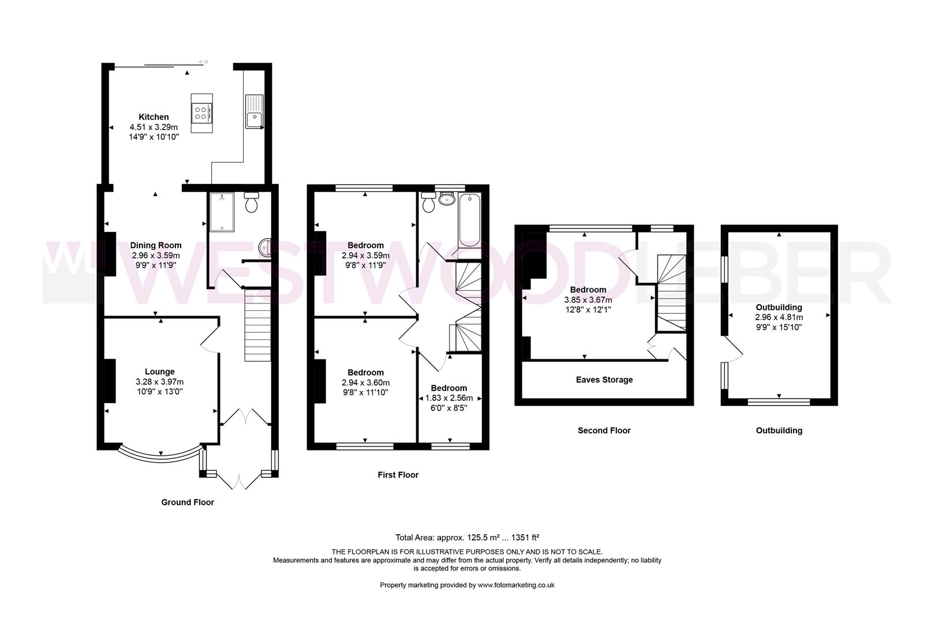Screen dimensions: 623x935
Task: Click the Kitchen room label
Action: click(154, 117)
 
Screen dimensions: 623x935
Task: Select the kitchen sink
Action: click(254, 119)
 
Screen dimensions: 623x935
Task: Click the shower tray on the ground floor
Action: click(221, 212)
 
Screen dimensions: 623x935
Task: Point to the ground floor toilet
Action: click(252, 203)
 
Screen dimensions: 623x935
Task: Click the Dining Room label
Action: click(155, 245)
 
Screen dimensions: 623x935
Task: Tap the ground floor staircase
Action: click(257, 326)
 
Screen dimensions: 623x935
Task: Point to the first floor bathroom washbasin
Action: click(447, 200)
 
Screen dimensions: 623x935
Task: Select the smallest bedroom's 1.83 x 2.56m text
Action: click(449, 398)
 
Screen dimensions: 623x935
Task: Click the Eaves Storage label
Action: click(604, 380)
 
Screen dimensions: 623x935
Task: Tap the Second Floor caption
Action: click(604, 430)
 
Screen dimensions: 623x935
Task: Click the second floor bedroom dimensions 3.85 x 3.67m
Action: click(588, 300)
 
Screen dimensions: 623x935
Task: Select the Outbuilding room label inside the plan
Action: click(779, 307)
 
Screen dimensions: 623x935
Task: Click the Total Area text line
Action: click(467, 537)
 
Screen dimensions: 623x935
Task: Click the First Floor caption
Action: click(398, 475)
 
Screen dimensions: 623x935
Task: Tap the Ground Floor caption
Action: click(188, 502)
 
